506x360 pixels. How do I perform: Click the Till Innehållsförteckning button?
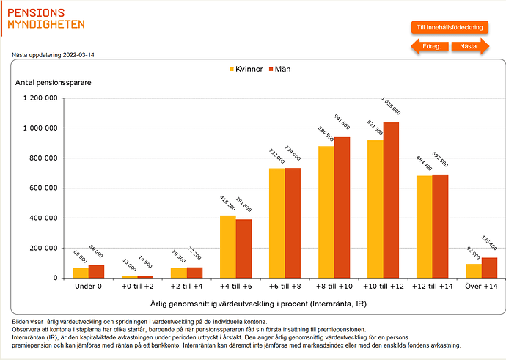tap(450, 27)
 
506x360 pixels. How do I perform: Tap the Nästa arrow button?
tap(469, 46)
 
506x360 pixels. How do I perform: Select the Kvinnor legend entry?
tap(245, 69)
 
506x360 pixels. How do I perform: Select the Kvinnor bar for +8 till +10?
tap(326, 212)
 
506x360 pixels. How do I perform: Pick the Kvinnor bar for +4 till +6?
tap(228, 246)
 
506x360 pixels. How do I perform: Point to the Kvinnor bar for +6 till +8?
tap(277, 223)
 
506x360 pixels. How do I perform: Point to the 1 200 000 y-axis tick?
tap(40, 98)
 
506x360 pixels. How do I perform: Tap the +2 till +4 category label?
tap(187, 286)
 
